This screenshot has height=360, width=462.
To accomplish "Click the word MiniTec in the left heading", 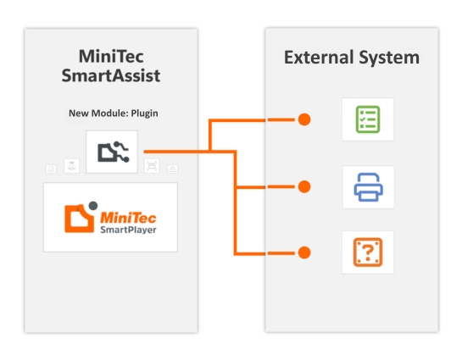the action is [x=111, y=56].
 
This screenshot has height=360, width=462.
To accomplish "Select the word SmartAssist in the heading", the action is [x=111, y=75].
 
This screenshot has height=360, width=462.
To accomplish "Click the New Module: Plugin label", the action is [x=113, y=114].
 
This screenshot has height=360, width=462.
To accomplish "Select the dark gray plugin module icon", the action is [x=113, y=152].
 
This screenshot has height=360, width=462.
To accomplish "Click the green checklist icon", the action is [x=368, y=119].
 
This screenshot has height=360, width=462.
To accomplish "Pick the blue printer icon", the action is [x=368, y=187].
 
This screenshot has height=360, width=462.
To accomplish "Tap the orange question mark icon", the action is [x=368, y=252].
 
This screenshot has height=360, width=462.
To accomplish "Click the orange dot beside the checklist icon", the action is [x=304, y=119].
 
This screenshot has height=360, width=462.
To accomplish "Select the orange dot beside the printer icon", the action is [x=304, y=186].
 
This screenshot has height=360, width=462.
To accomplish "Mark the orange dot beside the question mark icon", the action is [x=304, y=252].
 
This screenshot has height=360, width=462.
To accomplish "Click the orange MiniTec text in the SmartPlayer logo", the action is [x=128, y=219].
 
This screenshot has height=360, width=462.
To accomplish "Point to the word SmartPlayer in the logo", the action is [x=128, y=230].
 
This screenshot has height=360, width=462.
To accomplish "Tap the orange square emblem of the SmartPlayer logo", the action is [x=79, y=219].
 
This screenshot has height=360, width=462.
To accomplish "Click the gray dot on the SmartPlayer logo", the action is [x=93, y=206].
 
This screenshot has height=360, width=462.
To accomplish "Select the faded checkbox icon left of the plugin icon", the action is [x=51, y=169].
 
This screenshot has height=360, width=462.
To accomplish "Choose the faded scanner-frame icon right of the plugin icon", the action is [x=152, y=166].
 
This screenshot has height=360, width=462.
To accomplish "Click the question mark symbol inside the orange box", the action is [x=368, y=253].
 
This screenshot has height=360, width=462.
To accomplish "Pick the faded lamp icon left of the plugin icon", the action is [x=71, y=166].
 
